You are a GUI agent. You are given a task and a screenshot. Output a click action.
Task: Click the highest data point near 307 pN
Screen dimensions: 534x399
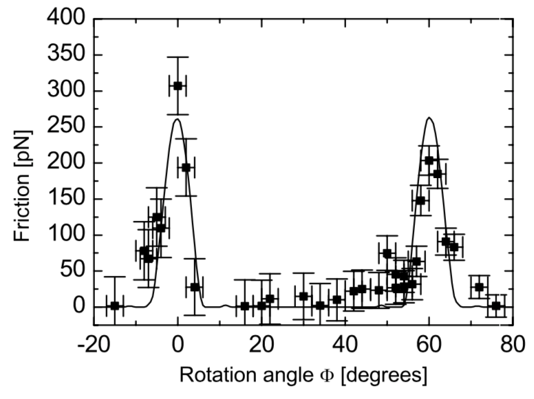178,86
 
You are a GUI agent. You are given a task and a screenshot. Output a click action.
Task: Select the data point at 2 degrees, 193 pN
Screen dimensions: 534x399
186,167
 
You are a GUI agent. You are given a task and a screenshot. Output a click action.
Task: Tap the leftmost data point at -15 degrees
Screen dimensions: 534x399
115,305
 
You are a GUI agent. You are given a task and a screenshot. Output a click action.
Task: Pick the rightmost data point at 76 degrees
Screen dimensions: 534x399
496,305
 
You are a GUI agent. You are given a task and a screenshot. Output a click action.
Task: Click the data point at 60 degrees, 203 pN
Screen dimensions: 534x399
429,160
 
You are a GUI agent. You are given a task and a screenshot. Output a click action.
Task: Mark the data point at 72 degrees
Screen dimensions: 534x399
479,287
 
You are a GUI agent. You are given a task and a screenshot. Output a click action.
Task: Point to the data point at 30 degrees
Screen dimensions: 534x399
303,296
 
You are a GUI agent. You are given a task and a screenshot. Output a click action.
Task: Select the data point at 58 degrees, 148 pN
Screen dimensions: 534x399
420,200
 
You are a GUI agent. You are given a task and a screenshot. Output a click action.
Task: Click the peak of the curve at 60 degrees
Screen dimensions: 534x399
429,118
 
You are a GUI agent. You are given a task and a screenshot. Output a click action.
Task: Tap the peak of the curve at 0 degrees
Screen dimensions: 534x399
178,119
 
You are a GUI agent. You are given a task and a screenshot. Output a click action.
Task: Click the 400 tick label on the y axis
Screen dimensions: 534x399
66,18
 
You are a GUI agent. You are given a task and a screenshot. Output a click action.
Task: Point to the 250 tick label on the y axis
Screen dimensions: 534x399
66,127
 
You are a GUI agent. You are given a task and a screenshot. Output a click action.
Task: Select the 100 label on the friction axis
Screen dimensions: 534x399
66,235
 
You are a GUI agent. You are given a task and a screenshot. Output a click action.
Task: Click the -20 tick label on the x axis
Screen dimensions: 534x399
94,345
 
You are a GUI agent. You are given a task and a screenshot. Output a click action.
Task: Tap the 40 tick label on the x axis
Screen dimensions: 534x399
345,345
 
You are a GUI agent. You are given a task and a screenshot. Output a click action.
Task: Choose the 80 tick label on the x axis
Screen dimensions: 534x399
513,345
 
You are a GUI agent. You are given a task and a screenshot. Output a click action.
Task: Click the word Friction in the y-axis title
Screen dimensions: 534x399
22,208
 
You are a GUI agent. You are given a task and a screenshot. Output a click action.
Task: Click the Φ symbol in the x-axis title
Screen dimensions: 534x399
327,376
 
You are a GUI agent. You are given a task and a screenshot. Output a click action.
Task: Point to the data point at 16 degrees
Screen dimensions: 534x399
244,306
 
